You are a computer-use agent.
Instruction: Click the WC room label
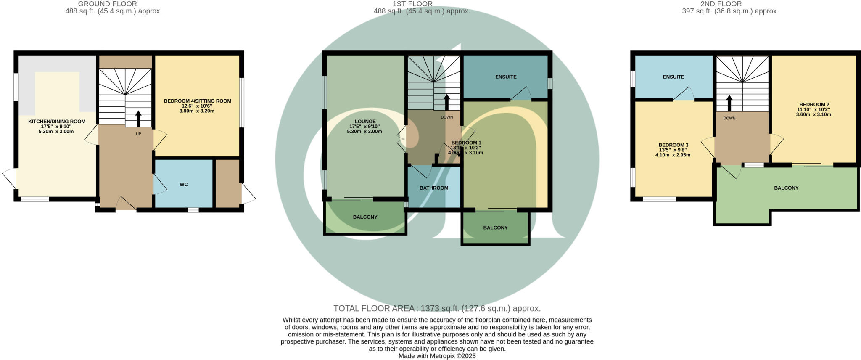coord(184,185)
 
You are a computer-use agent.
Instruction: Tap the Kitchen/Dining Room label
coord(57,122)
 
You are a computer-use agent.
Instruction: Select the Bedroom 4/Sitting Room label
coord(198,101)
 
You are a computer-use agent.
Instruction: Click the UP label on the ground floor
coord(138,134)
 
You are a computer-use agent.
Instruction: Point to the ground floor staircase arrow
coord(138,118)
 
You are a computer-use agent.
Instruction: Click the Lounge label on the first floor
coord(365,122)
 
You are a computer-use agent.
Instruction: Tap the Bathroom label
coord(434,188)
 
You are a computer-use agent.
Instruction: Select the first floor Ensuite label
coord(506,77)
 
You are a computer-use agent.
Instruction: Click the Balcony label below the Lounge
coord(365,217)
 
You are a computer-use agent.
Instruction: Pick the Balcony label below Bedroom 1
coord(495,228)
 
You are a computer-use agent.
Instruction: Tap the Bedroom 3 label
coord(673,145)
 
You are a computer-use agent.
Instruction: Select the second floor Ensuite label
coord(673,77)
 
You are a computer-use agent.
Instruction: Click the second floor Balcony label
coord(786,188)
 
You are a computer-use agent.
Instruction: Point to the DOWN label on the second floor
coord(729,118)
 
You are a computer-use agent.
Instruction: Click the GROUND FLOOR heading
coord(108,4)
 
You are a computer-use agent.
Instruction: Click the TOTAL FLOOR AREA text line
coord(437,308)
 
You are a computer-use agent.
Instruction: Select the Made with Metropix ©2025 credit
coord(437,356)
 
